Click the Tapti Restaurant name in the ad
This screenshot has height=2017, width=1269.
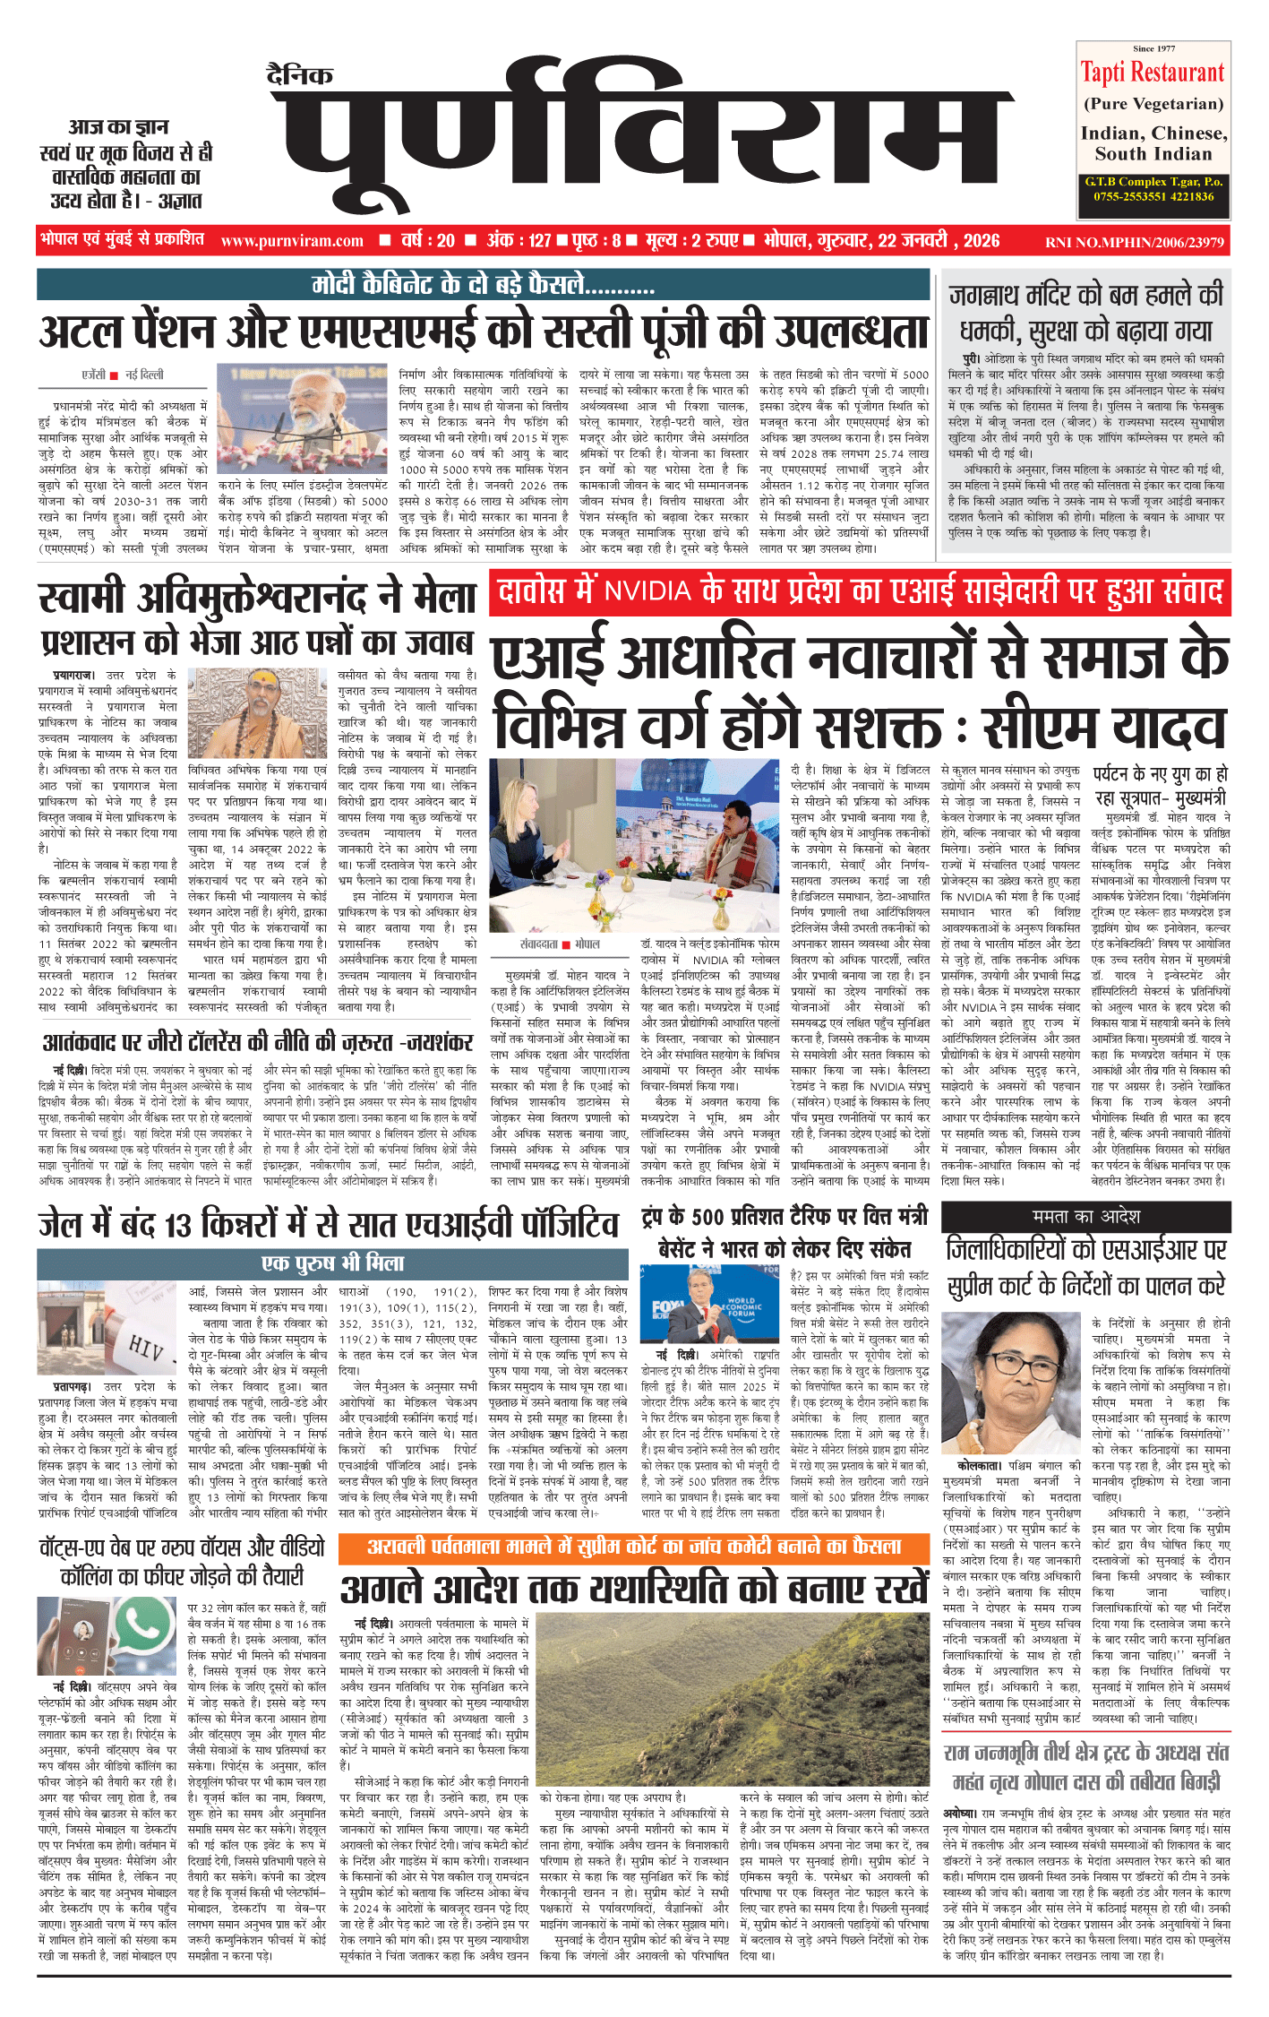click(1152, 73)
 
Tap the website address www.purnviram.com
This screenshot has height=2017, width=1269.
click(292, 241)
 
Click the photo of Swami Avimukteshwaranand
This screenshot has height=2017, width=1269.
click(257, 713)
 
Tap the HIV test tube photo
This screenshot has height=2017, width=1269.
click(108, 1328)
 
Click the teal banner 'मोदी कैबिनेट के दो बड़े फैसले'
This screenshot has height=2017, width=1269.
click(484, 285)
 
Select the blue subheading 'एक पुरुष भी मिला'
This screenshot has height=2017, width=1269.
click(333, 1263)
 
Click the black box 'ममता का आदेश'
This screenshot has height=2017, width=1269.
click(1085, 1216)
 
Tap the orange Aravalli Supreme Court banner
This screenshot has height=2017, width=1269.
click(634, 1546)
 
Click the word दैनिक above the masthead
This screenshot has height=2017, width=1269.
click(300, 75)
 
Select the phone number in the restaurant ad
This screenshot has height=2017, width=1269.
click(1153, 196)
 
